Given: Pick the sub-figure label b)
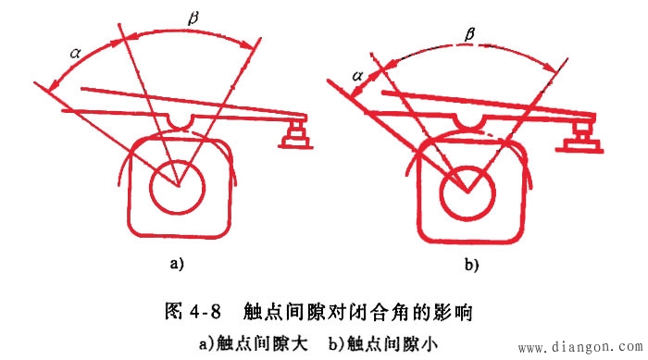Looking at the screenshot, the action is click(x=471, y=265).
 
